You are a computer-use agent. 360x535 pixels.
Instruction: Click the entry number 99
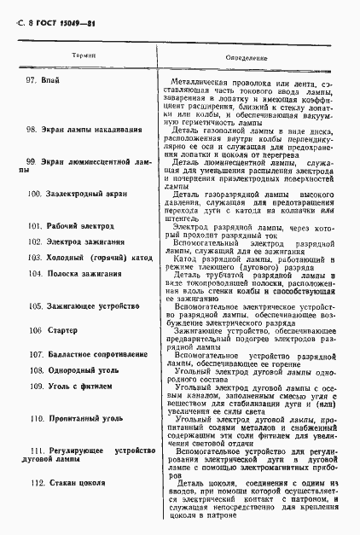tap(31, 161)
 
